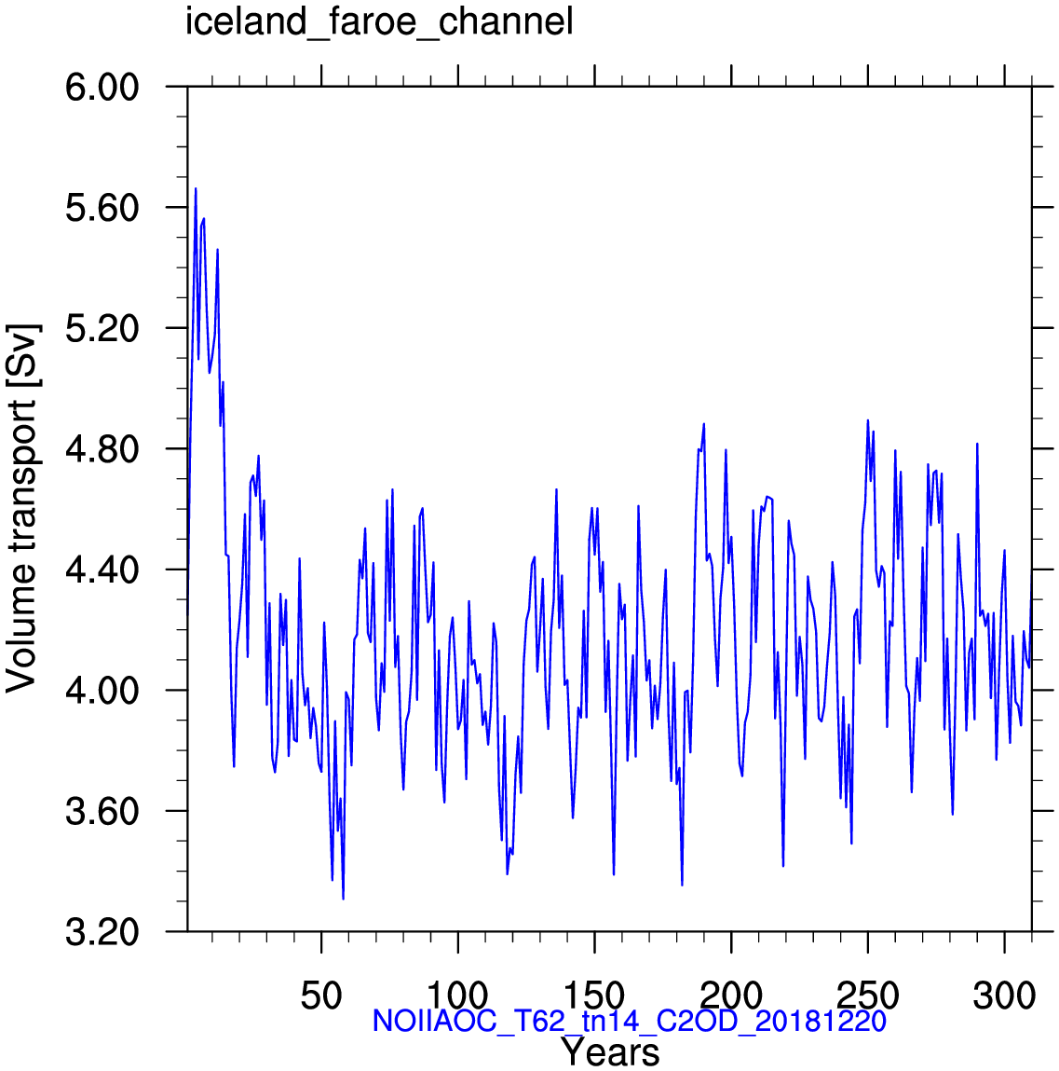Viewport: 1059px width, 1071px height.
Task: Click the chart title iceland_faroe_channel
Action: coord(379,21)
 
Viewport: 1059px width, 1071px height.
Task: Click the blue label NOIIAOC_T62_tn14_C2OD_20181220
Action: coord(629,1021)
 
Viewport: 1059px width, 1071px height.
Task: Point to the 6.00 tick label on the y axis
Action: coord(102,88)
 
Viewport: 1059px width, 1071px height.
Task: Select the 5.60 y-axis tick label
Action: coord(102,208)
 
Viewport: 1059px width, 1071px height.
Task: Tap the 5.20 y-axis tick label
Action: coord(102,328)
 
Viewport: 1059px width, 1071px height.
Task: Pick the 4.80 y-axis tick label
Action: coord(102,448)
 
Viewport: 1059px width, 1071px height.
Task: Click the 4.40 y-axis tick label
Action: coord(102,570)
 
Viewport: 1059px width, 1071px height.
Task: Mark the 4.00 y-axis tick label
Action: coord(102,691)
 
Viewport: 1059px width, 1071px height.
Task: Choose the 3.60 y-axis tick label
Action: coord(102,811)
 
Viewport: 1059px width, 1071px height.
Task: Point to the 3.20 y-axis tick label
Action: coord(102,932)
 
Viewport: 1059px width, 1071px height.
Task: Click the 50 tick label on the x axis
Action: coord(321,995)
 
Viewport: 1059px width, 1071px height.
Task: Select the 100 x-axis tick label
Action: coord(458,995)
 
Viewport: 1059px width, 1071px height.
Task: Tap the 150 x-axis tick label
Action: coord(595,995)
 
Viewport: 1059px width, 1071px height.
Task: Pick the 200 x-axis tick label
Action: coord(731,995)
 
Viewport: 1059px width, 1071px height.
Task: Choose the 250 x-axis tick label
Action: coord(868,995)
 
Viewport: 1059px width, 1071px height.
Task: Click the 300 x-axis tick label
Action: coord(1004,995)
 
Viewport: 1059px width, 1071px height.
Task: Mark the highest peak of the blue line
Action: coord(196,188)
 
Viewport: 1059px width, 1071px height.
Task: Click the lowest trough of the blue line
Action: coord(343,899)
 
